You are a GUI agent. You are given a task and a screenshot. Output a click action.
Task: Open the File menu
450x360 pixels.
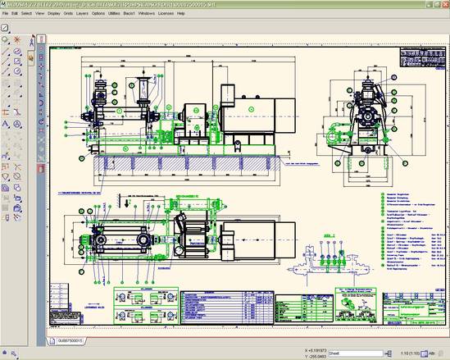6,14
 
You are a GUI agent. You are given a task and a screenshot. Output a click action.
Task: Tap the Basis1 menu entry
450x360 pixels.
148,14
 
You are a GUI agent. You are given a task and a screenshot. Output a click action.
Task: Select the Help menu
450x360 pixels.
216,14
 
